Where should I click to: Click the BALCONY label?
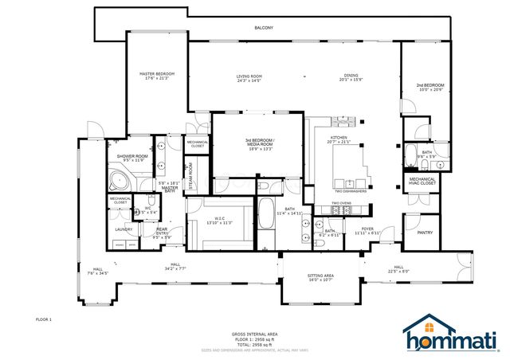(264, 28)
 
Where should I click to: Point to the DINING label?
(351, 76)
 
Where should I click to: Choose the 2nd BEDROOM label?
(429, 86)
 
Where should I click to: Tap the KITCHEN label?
(339, 138)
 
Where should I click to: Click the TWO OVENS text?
(342, 203)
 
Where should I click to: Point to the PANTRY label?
(425, 233)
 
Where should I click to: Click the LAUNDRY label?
(124, 229)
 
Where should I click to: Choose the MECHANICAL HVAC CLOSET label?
(422, 182)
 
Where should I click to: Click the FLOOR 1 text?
(44, 319)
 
